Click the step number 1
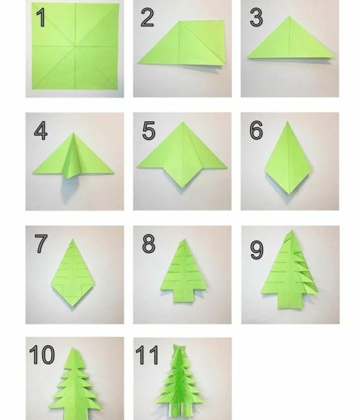(41, 17)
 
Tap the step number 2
(147, 17)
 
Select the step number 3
(256, 17)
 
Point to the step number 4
(41, 131)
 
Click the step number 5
(149, 131)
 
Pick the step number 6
(256, 130)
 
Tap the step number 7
(41, 243)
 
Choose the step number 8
(149, 243)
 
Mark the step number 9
(256, 250)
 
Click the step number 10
(42, 354)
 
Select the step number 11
(147, 355)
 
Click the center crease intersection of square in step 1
(75, 47)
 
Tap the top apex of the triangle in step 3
(289, 16)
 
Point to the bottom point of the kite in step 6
(289, 193)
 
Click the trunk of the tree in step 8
(183, 296)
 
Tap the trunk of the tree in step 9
(291, 300)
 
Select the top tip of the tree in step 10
(73, 349)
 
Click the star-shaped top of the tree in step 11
(179, 348)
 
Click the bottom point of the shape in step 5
(183, 187)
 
